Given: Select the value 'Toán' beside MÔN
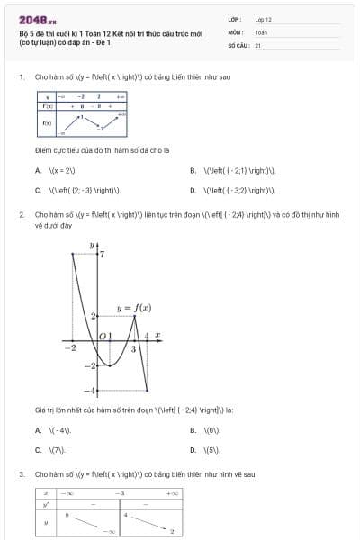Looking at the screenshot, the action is click(x=261, y=31).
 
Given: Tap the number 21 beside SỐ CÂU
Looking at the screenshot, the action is click(x=258, y=44).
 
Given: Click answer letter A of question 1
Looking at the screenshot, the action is click(x=38, y=169).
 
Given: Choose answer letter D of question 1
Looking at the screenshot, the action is click(x=193, y=190).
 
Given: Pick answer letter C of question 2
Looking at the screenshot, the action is click(x=38, y=448).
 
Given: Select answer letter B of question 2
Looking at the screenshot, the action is click(x=193, y=429).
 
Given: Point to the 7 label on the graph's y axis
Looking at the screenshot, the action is click(x=102, y=255).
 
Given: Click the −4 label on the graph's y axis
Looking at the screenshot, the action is click(x=89, y=390).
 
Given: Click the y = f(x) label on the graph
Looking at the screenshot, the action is click(x=133, y=308).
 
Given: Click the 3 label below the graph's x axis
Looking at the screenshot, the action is click(x=133, y=348).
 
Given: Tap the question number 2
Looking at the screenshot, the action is click(x=21, y=215).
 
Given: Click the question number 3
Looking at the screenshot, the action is click(x=21, y=473).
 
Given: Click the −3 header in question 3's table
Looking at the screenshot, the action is click(x=119, y=493).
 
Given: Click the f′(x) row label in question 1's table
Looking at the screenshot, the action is click(x=46, y=105).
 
